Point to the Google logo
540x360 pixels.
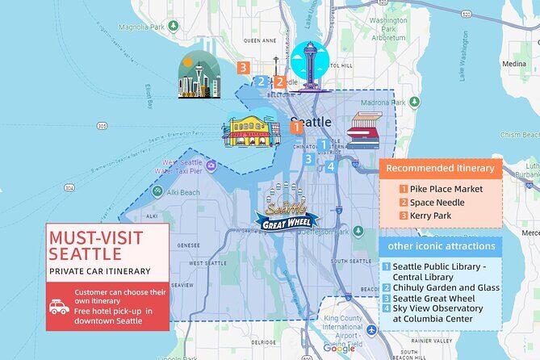pos(338,348)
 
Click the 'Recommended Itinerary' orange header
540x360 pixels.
pos(440,169)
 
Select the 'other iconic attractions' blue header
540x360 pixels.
pos(440,245)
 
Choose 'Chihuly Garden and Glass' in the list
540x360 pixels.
pos(446,287)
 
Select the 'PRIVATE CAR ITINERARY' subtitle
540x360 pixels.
pos(99,270)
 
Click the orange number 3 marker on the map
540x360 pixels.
pos(243,67)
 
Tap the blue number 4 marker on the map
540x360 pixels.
pos(331,167)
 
